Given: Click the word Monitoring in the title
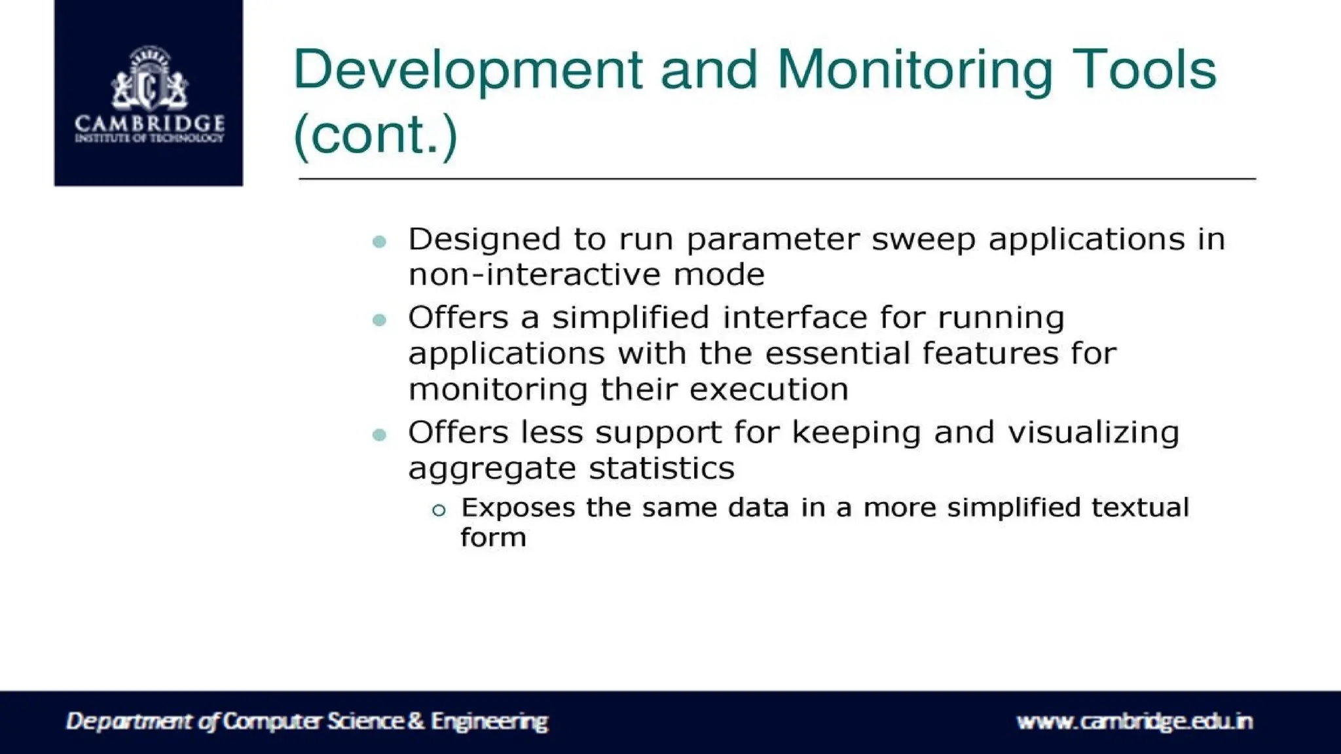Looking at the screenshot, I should coord(915,71).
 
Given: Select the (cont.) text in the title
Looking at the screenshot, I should coord(375,135).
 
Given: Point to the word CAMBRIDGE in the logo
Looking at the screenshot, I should coord(149,123).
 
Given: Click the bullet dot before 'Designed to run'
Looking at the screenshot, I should coord(379,242).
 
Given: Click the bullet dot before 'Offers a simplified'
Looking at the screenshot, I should coord(379,320).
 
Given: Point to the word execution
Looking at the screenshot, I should coord(769,390).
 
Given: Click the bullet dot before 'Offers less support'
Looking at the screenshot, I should coord(379,435).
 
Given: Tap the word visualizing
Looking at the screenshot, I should coord(1093,433).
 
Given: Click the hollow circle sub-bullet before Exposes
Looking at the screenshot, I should coord(439,510).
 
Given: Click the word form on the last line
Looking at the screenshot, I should coord(493,538).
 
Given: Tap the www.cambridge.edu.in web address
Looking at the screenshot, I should coord(1134,721).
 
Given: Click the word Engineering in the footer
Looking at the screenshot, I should coord(489,721).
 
